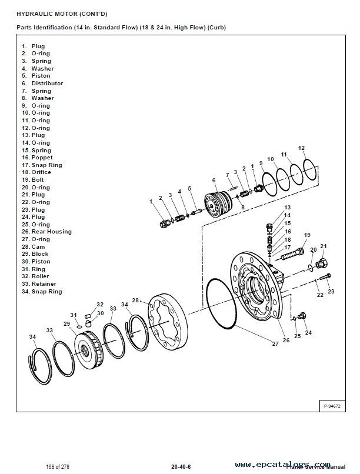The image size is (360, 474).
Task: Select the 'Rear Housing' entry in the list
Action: [x=51, y=232]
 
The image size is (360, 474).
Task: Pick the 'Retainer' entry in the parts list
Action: [x=43, y=283]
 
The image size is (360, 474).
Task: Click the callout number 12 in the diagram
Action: [x=301, y=148]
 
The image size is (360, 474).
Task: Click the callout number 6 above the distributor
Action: [x=214, y=180]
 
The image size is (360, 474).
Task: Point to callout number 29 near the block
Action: [x=67, y=324]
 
